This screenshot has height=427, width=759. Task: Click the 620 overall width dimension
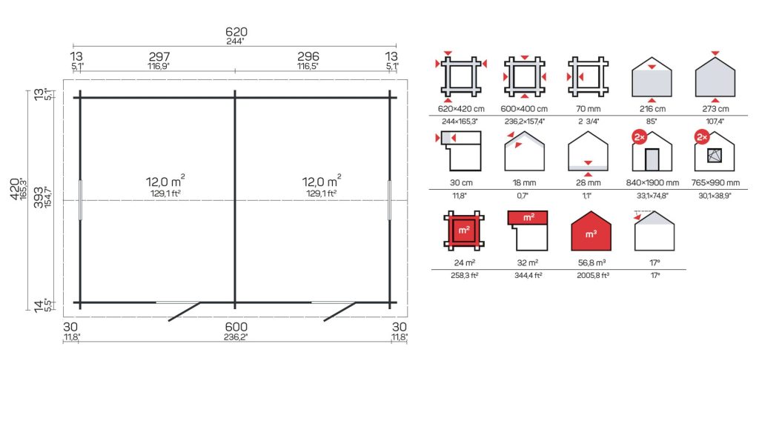click(236, 32)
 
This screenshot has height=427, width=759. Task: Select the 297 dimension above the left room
click(159, 56)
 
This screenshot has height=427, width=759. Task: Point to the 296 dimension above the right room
click(308, 56)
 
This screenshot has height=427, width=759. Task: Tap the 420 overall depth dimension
click(15, 189)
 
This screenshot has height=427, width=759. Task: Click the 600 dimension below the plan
click(236, 327)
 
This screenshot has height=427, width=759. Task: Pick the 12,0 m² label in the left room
click(165, 182)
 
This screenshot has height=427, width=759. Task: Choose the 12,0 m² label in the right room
click(322, 182)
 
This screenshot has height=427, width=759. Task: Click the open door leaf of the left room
click(184, 312)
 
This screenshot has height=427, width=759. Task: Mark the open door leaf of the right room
click(339, 312)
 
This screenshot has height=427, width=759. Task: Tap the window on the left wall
click(80, 200)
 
